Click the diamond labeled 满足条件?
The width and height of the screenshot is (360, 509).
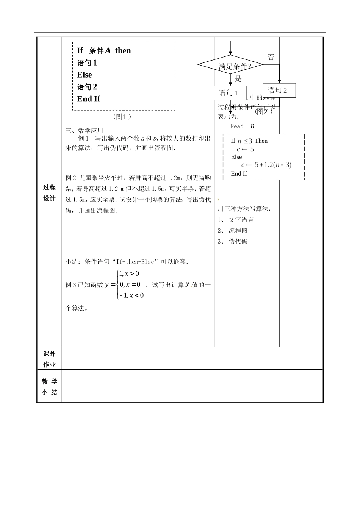pos(230,65)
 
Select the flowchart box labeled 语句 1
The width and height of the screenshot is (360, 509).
pos(230,93)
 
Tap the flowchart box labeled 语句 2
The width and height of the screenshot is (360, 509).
pos(279,90)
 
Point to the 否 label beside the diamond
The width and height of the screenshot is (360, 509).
pos(271,57)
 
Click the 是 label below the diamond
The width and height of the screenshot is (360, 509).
pos(238,79)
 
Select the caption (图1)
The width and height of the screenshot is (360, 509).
pos(122,117)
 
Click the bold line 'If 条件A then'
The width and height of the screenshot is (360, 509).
pos(104,50)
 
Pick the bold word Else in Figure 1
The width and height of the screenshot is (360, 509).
pos(85,75)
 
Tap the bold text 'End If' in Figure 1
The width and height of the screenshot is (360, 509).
pos(89,99)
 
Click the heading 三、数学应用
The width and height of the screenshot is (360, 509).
pos(84,131)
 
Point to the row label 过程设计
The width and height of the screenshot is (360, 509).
pos(49,193)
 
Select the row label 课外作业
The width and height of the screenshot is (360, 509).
pos(49,359)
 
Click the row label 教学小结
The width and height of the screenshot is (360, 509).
pos(49,387)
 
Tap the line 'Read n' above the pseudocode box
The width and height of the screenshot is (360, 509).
pos(243,126)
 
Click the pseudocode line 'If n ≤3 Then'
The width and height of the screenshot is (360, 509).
pos(249,141)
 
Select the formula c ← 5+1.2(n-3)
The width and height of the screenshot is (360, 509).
pos(266,165)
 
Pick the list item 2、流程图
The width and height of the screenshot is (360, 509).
pos(232,230)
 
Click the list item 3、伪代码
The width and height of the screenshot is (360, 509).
pos(232,241)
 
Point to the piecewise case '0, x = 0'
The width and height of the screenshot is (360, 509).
pos(130,284)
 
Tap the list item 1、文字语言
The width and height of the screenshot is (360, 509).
pos(235,220)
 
